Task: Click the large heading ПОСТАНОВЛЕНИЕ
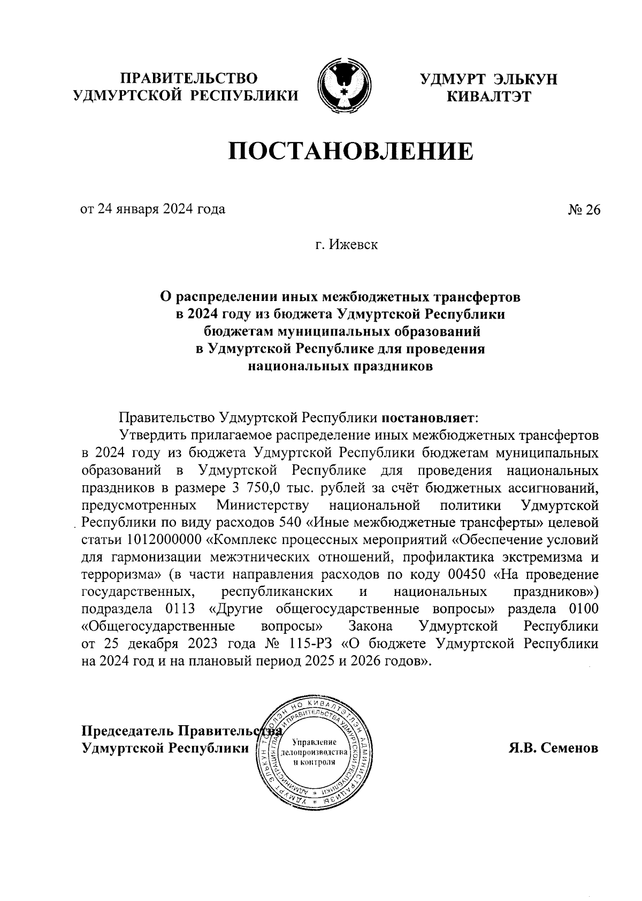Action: (351, 152)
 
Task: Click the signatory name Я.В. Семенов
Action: (553, 748)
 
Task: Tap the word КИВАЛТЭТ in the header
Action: (488, 97)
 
